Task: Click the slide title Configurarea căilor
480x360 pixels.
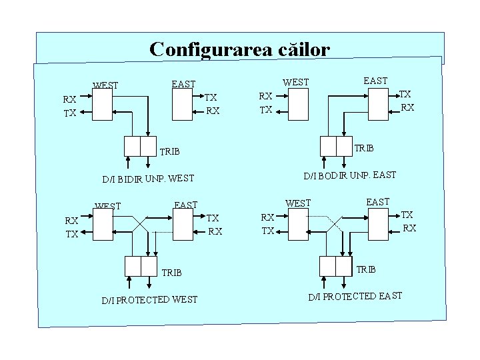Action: [x=239, y=49]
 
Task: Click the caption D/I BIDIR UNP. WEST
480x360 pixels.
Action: [x=148, y=178]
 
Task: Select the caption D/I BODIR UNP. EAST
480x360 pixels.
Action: [x=350, y=175]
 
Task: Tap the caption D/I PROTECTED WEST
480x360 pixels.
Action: [x=149, y=299]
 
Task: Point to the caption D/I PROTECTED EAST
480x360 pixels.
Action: [x=355, y=295]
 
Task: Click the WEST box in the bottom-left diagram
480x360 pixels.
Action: [x=103, y=225]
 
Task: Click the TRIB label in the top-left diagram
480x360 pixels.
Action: [x=170, y=151]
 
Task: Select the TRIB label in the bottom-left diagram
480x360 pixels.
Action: [x=171, y=273]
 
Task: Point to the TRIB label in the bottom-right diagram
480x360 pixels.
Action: [x=366, y=269]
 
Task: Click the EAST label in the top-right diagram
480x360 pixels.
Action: [x=375, y=81]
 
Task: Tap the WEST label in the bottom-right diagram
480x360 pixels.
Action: [x=298, y=203]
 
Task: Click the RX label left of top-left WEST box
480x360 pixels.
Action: [x=69, y=99]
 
